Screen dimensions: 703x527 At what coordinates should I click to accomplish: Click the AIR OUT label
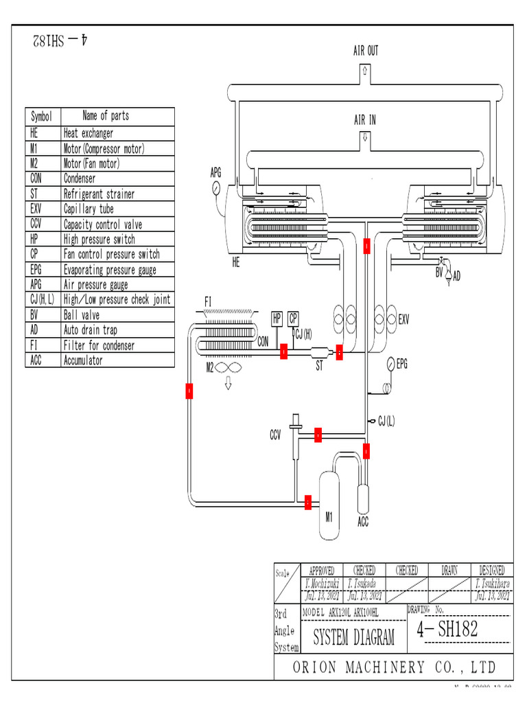tap(365, 51)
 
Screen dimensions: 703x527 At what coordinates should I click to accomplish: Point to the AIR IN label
tap(364, 120)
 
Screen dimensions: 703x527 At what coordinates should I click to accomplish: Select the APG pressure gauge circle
tap(216, 187)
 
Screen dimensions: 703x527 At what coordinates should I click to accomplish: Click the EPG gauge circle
tap(391, 364)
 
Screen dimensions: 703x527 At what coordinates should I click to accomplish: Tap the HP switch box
tap(277, 319)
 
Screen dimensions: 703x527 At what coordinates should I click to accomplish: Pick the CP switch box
tap(293, 319)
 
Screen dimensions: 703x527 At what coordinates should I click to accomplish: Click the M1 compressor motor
tap(329, 503)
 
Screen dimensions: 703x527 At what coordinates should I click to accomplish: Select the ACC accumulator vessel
tap(363, 497)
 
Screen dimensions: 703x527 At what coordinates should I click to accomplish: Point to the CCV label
tap(275, 435)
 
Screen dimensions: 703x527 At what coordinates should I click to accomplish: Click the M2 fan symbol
tap(229, 368)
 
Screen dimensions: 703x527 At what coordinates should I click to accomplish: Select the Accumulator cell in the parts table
tap(83, 360)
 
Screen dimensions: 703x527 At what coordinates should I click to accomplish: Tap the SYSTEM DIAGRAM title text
tap(353, 638)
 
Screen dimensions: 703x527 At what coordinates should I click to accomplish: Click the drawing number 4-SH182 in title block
tap(447, 630)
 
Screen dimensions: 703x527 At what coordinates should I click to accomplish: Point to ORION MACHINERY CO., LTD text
tap(394, 667)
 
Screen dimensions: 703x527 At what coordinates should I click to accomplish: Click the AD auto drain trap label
tap(457, 276)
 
